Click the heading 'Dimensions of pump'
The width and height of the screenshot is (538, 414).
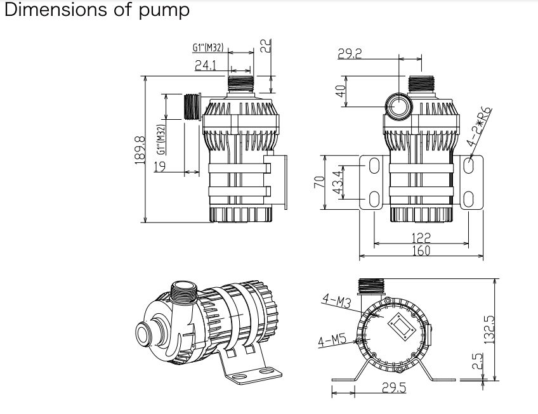pos(96,11)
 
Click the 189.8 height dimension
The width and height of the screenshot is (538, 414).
pos(140,150)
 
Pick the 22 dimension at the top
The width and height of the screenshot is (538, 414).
pos(266,44)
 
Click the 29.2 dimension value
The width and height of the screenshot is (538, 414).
pos(350,55)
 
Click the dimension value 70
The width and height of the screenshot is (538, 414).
pos(320,182)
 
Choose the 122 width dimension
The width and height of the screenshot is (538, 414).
pos(421,238)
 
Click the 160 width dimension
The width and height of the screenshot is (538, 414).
pos(421,250)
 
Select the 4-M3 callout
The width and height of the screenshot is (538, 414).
pos(336,301)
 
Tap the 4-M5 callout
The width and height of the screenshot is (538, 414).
pos(331,340)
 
